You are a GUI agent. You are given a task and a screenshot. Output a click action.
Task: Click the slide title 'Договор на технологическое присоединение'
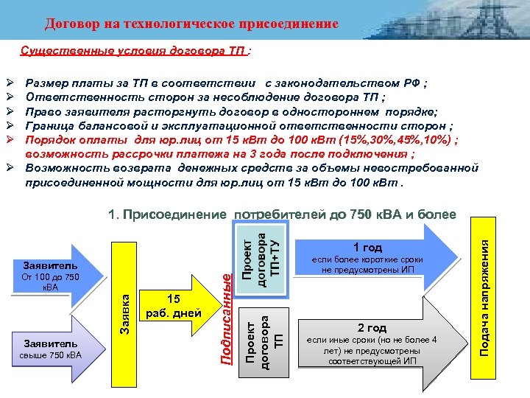191,24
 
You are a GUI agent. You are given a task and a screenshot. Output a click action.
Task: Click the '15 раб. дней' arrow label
174,306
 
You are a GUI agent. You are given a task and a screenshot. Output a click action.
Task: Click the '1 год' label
367,248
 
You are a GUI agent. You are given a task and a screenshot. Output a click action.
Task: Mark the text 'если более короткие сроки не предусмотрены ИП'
372,265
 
